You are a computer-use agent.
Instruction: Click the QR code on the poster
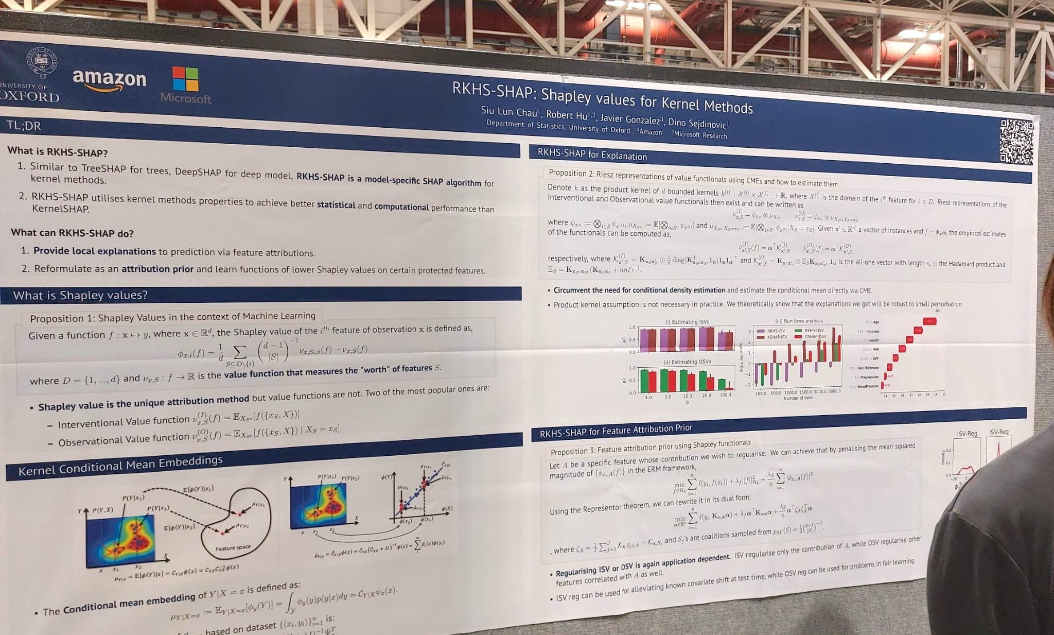1016,142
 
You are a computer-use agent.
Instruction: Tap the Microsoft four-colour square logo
185,79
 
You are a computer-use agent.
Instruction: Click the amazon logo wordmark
110,78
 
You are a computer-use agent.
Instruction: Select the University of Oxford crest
42,63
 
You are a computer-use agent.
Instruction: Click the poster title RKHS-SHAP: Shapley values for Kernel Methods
602,97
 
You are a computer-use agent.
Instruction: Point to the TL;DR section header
24,126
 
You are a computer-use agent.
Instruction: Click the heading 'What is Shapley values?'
80,295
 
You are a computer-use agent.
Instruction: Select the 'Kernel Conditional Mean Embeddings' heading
120,466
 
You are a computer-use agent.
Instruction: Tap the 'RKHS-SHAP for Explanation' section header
592,154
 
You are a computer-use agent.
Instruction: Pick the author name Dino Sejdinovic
698,123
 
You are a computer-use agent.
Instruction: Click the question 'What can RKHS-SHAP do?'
72,233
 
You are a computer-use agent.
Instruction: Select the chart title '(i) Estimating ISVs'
687,322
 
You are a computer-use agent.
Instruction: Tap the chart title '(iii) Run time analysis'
799,321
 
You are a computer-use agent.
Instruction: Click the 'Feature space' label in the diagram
233,547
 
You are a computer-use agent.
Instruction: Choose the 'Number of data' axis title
798,398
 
